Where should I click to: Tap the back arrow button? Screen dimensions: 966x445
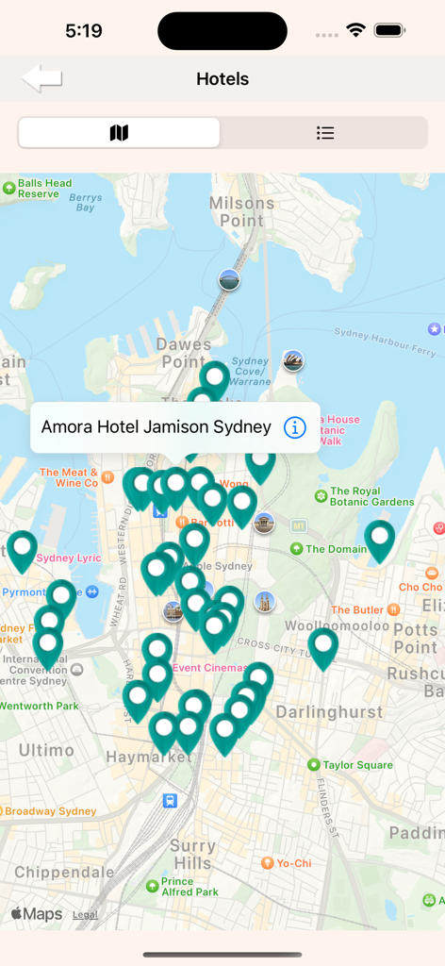(x=42, y=78)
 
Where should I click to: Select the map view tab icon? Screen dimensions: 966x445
(x=119, y=133)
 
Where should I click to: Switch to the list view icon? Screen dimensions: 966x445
(x=325, y=133)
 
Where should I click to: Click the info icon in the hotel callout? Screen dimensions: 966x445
(x=295, y=427)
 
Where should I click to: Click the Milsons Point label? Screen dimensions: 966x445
(x=242, y=211)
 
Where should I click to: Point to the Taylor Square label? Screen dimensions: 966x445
(x=357, y=765)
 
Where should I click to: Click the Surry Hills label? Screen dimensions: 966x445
(x=192, y=855)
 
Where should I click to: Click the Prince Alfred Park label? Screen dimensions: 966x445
(x=190, y=887)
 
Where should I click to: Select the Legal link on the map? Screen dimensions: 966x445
(x=85, y=915)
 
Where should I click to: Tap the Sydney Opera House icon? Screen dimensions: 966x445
(x=293, y=360)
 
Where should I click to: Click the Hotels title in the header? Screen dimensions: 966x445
(x=222, y=79)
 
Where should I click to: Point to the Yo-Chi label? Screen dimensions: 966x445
(x=293, y=863)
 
